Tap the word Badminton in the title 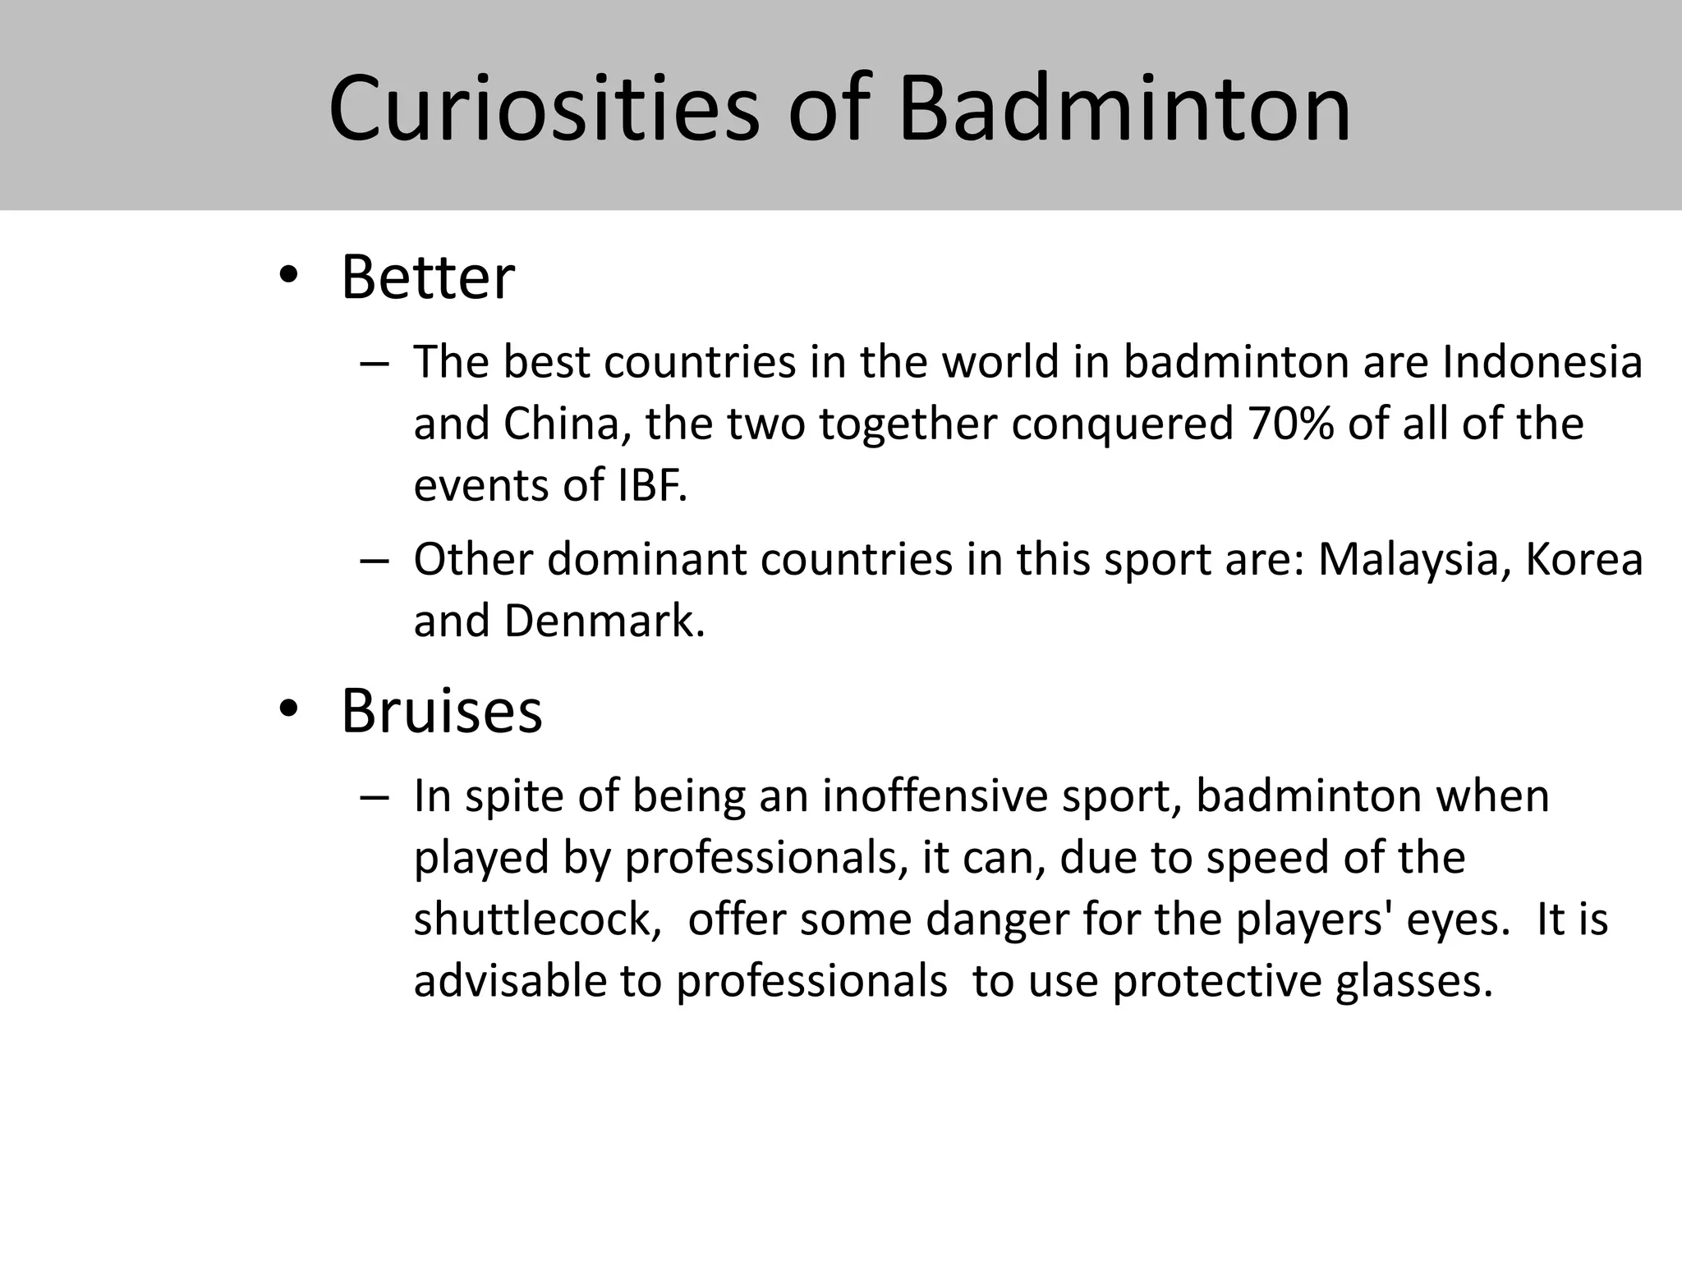click(x=1124, y=109)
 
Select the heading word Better click(x=428, y=278)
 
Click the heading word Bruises click(x=442, y=711)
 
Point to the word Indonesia click(x=1542, y=362)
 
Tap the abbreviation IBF click(x=651, y=486)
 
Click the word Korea click(x=1584, y=560)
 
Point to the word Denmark click(x=604, y=621)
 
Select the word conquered click(x=1122, y=424)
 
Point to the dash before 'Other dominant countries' click(x=373, y=561)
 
